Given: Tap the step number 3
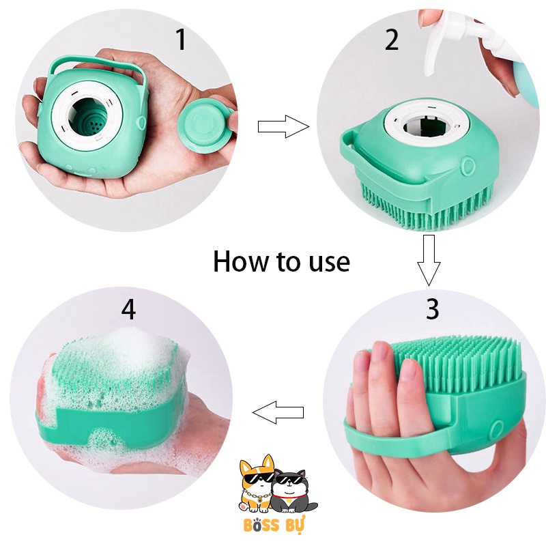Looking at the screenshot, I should [432, 308].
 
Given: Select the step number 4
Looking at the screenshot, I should [128, 310].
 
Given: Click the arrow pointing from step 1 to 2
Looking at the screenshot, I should [283, 126].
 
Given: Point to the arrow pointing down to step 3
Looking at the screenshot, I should [429, 259].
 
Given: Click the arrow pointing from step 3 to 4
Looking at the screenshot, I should [278, 412].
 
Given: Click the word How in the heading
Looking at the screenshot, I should [242, 261].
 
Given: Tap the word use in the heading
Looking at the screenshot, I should [326, 262].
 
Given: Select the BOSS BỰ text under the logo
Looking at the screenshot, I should [273, 526].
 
